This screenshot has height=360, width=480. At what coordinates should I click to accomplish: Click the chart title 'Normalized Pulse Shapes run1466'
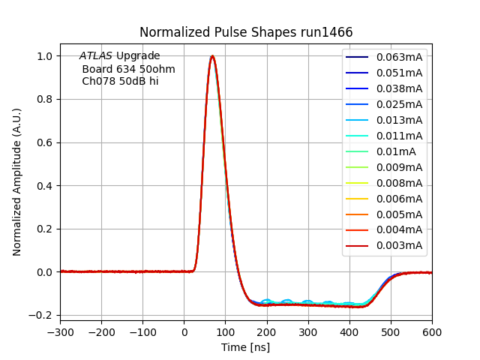point(245,32)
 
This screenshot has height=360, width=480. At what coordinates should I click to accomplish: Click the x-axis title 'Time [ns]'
point(245,347)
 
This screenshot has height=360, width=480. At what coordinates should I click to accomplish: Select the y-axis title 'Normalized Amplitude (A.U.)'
point(17,181)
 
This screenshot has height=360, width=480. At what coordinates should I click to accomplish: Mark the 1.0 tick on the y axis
point(46,56)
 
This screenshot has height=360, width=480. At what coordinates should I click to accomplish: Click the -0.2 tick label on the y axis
point(43,315)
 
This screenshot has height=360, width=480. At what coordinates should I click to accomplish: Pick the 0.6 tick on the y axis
point(46,142)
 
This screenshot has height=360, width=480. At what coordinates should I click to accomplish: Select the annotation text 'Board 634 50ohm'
point(128,69)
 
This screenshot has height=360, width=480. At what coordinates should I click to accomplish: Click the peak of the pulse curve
point(212,56)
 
